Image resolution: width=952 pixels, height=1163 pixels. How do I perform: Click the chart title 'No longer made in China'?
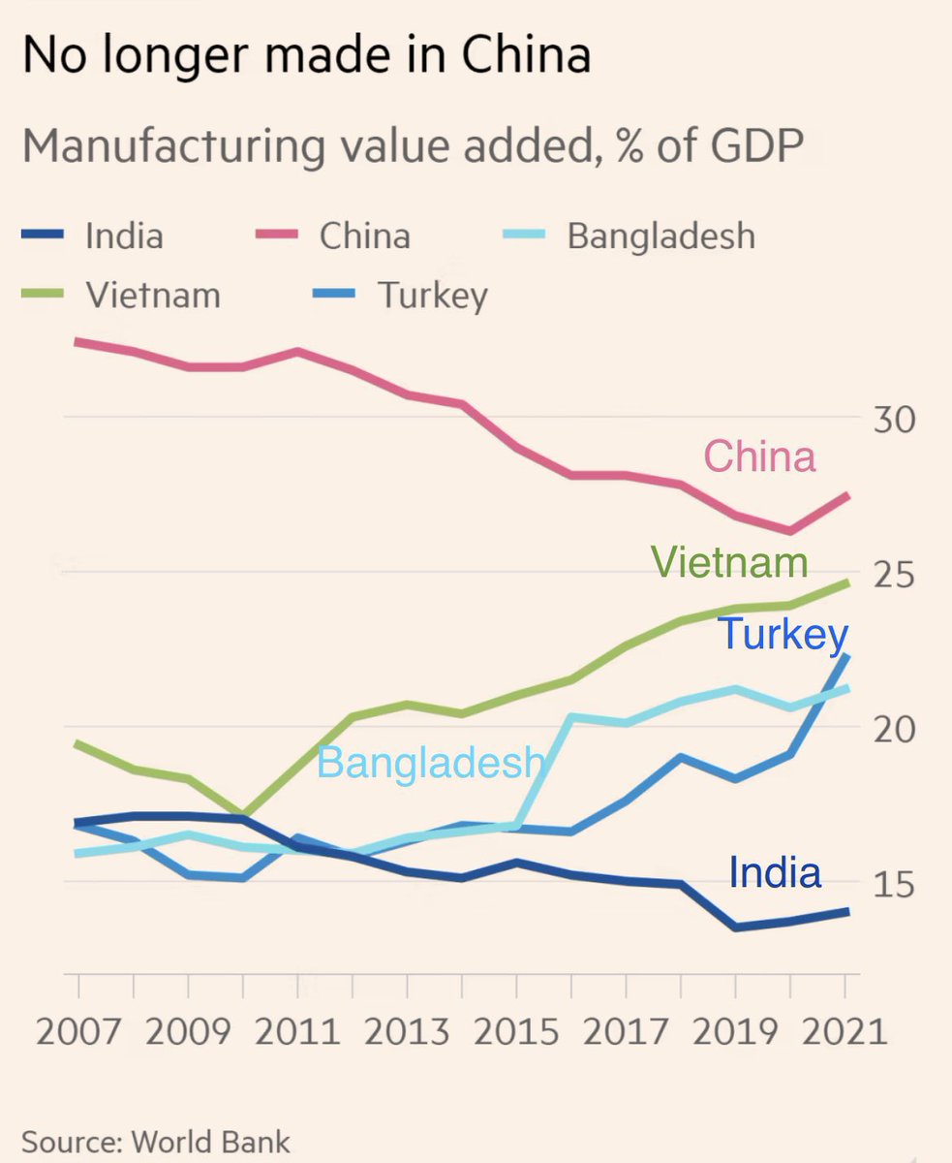pyautogui.click(x=305, y=57)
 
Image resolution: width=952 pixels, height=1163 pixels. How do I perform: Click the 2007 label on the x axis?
pyautogui.click(x=78, y=1031)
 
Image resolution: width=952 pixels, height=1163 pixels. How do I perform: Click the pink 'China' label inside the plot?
pyautogui.click(x=759, y=456)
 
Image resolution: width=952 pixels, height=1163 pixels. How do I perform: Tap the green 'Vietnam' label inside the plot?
pyautogui.click(x=728, y=562)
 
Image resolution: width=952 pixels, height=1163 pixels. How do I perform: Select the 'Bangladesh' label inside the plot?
pyautogui.click(x=431, y=763)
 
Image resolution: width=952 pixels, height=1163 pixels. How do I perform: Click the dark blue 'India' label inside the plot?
pyautogui.click(x=775, y=872)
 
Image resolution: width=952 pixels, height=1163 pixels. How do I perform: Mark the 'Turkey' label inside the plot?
pyautogui.click(x=783, y=635)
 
